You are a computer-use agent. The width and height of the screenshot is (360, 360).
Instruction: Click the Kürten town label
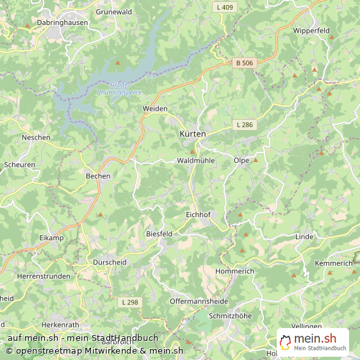(x=192, y=134)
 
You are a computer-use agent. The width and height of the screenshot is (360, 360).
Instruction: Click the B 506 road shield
(x=244, y=63)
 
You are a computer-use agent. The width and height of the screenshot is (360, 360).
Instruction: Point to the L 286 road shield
(x=244, y=124)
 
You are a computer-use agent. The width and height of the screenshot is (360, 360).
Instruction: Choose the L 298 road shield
(x=129, y=301)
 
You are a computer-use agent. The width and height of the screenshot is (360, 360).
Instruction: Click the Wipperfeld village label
(x=311, y=30)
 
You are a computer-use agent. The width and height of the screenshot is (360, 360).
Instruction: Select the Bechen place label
(x=98, y=176)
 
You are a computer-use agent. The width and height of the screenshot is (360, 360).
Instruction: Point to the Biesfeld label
(x=160, y=234)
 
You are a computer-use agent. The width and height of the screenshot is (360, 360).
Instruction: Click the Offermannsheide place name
(x=199, y=301)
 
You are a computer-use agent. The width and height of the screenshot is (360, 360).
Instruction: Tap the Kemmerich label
(x=334, y=263)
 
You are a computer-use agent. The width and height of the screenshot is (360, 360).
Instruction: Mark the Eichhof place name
(x=198, y=214)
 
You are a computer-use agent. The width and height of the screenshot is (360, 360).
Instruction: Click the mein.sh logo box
(x=313, y=343)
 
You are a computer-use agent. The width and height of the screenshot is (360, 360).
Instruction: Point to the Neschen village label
(x=36, y=138)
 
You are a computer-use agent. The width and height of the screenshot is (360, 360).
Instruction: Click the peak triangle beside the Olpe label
(x=255, y=160)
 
